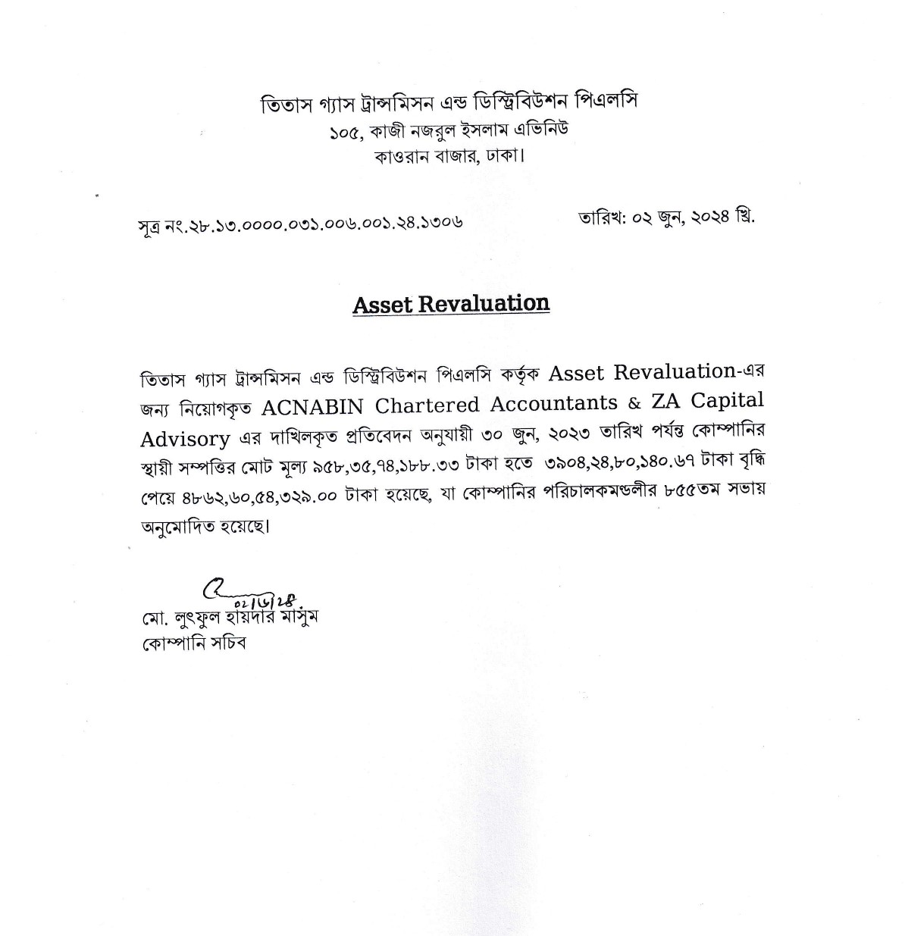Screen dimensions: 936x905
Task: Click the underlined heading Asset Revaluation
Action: pos(450,304)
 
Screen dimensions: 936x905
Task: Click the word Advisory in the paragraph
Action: pos(185,438)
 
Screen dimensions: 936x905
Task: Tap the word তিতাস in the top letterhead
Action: pos(283,105)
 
